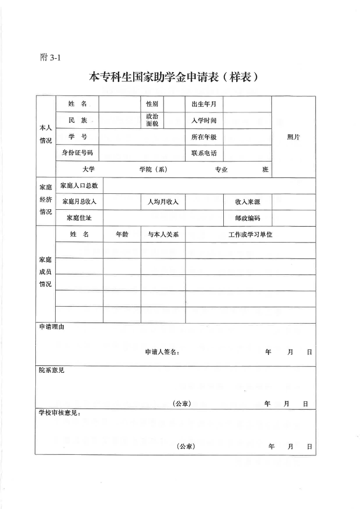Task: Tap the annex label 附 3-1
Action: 50,58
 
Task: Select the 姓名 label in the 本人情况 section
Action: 78,104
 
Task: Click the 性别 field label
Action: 152,104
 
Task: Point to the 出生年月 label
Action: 204,104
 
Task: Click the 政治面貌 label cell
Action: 152,120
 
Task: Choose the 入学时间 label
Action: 204,120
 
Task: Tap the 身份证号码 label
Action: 78,153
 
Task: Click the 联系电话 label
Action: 204,153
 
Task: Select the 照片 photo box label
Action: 293,137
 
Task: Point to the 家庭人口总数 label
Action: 79,185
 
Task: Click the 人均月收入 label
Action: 163,202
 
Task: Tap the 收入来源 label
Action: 248,202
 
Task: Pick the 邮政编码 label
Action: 248,218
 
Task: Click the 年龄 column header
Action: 122,234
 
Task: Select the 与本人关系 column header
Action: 163,234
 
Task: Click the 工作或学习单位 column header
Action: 251,234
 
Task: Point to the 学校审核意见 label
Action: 60,413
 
